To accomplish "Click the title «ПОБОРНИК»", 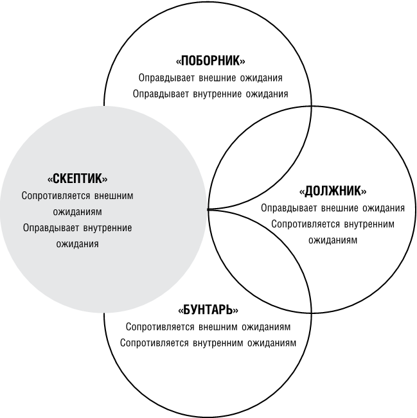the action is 211,61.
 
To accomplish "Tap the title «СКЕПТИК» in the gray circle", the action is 77,179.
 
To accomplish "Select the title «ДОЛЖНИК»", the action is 333,191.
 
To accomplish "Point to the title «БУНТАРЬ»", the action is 208,309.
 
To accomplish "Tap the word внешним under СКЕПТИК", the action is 114,196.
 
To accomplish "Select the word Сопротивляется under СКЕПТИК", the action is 56,196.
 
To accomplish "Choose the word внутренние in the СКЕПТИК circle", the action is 107,228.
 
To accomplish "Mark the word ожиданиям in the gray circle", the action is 77,212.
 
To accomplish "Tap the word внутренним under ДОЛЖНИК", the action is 369,224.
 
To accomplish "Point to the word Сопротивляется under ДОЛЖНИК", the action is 305,224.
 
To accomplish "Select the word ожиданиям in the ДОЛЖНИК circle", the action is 333,240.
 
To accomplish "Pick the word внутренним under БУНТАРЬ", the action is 218,343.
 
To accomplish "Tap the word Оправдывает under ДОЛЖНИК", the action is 289,208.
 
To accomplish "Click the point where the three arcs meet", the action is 208,209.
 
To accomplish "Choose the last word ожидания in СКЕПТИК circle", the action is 77,244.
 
